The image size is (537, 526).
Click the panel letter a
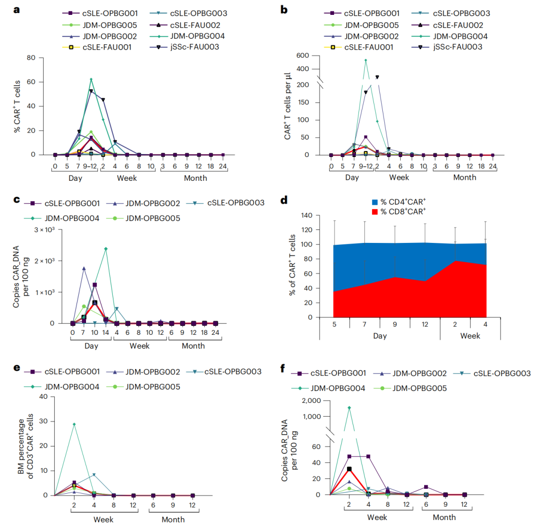16,9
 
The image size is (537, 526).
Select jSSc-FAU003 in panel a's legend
194,47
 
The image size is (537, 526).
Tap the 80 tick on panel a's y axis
31,58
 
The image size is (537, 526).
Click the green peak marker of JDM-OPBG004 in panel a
91,79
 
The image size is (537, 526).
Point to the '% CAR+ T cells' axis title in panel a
17,106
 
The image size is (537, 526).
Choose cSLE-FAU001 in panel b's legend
369,47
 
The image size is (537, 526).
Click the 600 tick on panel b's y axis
303,55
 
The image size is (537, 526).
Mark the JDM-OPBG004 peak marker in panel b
366,60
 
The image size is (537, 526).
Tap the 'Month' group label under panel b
465,177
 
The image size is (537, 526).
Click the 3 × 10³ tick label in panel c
45,229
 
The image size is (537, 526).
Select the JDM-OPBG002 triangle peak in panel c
84,269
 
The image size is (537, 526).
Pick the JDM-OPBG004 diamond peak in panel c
106,249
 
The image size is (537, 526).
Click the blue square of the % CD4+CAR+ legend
375,202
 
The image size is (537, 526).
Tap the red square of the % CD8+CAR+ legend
375,212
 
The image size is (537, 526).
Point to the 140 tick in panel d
307,215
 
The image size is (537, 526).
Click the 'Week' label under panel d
470,336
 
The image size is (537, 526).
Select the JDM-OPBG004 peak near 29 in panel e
74,424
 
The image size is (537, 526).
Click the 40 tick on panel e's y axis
43,397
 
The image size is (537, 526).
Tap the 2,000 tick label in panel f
311,400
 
